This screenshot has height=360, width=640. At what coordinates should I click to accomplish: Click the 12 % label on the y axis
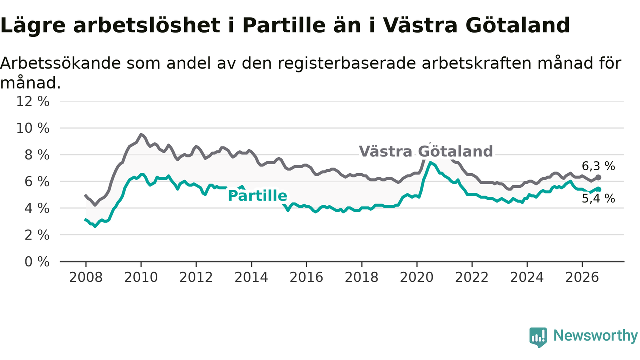click(33, 101)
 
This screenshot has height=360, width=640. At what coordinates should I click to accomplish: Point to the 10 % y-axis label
click(33, 128)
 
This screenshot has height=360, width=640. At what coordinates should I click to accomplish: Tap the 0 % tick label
click(37, 262)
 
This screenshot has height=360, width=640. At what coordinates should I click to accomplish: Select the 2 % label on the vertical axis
click(37, 235)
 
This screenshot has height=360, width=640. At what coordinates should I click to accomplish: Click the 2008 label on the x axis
click(86, 277)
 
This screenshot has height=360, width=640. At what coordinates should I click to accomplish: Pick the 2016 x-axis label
click(306, 277)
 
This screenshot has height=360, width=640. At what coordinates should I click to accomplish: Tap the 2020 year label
click(417, 277)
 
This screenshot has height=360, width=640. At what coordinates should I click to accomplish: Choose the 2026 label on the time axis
click(582, 277)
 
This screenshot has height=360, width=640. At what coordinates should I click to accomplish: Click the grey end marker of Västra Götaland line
click(598, 177)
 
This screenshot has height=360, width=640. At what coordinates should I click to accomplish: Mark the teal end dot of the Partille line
click(599, 189)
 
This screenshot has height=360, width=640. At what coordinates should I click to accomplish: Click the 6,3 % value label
click(598, 166)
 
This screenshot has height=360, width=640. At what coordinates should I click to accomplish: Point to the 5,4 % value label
click(598, 199)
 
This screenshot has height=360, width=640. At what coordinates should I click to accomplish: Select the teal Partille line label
click(257, 196)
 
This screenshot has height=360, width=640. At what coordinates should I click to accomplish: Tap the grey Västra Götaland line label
click(426, 151)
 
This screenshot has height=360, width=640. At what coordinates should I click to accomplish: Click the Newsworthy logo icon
click(538, 337)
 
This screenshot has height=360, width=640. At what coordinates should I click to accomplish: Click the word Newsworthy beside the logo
click(595, 335)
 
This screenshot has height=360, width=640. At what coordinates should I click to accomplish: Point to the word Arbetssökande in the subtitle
click(61, 63)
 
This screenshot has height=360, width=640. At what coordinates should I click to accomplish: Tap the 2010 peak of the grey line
click(141, 134)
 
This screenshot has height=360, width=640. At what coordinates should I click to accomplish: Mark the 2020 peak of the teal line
click(430, 162)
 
